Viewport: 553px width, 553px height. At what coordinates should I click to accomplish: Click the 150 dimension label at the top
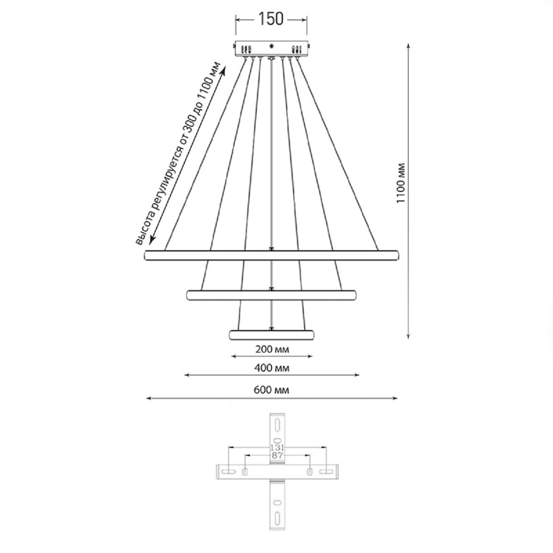coord(271,19)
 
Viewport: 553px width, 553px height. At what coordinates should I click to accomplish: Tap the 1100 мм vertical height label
coord(400,183)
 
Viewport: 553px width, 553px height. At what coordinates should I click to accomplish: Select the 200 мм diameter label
coord(272,349)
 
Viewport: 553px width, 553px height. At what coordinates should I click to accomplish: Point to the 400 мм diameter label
coord(272,368)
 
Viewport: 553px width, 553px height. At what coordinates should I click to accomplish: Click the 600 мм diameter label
coord(271,390)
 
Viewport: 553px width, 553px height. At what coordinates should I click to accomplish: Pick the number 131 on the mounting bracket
coord(277,447)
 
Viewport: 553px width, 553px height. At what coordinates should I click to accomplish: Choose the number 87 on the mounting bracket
coord(277,455)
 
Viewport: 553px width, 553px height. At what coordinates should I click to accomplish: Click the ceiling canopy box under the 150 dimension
coord(271,49)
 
